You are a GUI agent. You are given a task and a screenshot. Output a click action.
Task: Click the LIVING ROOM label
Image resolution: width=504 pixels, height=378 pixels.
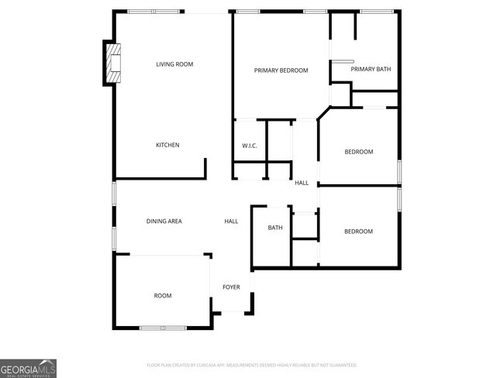[174, 64]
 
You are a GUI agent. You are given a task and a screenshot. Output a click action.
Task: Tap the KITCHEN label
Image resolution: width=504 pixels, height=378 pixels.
[167, 145]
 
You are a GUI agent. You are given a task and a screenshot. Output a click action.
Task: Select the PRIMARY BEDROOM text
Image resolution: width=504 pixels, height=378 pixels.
[281, 70]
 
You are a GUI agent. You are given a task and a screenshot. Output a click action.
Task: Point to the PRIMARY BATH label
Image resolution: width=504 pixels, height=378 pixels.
[371, 70]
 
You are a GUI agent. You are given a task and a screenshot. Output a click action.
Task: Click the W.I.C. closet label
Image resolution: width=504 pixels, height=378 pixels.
[250, 146]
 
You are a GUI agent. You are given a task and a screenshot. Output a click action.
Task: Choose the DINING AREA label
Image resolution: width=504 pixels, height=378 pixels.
[164, 222]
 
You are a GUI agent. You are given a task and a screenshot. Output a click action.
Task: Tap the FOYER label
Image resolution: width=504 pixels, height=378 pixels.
[231, 287]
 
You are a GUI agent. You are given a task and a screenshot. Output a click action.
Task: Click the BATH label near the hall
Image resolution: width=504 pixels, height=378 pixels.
[275, 228]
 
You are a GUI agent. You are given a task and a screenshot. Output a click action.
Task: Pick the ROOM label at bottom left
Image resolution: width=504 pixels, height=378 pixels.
[163, 296]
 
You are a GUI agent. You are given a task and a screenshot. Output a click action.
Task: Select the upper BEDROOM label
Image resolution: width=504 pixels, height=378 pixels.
[358, 152]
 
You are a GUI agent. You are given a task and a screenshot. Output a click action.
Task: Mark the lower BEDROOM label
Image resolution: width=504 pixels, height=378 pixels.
[358, 232]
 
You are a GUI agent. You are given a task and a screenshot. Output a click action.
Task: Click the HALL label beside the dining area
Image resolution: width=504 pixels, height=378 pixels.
[231, 222]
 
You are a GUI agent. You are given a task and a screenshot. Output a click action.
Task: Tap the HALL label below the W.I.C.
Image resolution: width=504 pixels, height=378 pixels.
[302, 183]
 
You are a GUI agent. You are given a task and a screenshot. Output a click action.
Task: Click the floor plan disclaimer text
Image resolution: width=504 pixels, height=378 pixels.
[251, 364]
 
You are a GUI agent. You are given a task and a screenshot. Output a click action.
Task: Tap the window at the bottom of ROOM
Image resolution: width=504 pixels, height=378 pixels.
[163, 328]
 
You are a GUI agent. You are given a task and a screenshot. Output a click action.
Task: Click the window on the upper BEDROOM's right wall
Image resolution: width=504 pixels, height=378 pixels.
[399, 171]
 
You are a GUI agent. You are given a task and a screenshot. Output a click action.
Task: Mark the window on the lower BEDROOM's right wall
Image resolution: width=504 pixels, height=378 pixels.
[399, 199]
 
